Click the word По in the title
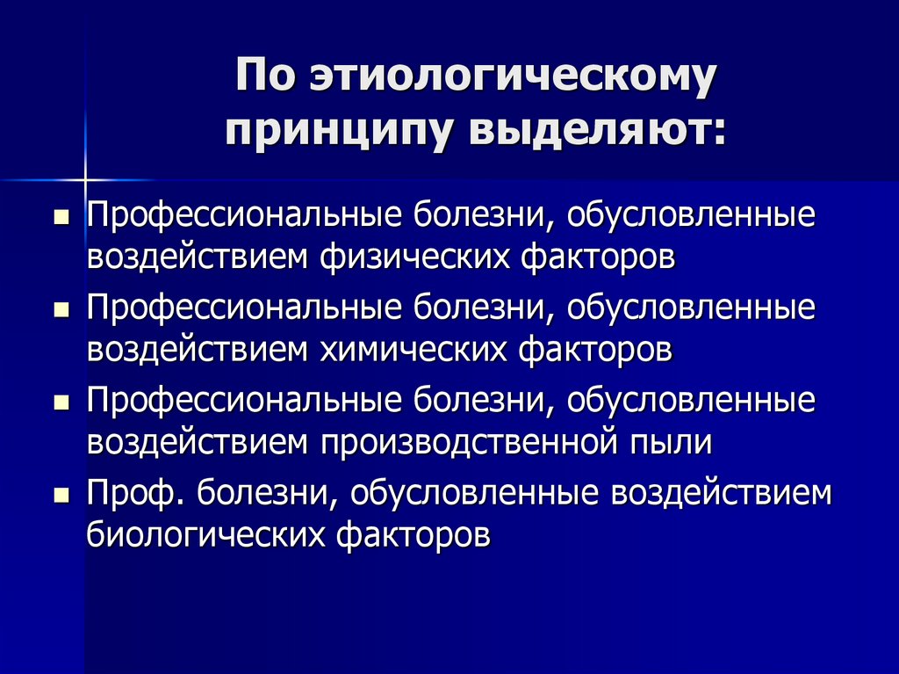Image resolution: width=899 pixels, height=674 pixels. pos(265,79)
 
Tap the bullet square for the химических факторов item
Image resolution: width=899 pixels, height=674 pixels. pos(61,310)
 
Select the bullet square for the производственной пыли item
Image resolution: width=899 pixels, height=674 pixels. pos(61,402)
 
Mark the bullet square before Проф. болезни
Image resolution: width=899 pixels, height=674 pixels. pos(61,495)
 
